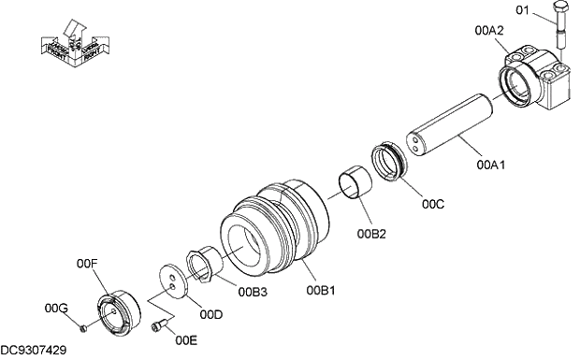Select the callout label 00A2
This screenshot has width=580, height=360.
490,30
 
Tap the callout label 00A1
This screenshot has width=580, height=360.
490,166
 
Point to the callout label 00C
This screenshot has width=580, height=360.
432,203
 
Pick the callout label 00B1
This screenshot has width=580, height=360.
321,290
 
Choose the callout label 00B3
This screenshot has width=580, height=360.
252,292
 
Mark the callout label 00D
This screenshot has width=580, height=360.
211,314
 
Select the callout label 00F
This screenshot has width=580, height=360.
87,265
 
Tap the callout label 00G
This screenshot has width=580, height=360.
56,308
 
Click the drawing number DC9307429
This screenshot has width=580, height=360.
34,350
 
